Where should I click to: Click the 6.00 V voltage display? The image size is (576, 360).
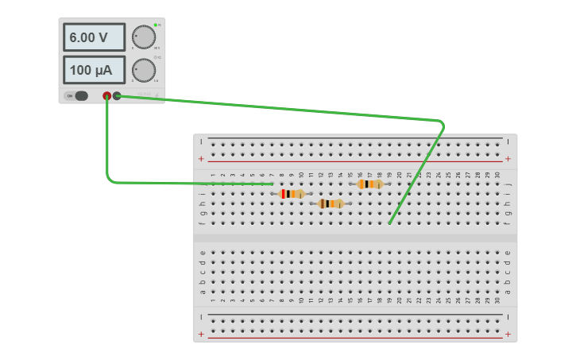tap(94, 37)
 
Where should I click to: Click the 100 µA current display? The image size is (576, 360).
tap(94, 70)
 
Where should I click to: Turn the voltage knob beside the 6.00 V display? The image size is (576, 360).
tap(143, 37)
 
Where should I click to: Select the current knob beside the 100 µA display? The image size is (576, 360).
tap(143, 70)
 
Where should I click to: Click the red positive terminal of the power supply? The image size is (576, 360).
tap(107, 96)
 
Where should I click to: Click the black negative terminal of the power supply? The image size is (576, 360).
tap(118, 96)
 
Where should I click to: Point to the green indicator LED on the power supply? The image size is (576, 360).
tap(156, 25)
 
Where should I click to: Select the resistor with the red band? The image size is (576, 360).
tap(292, 194)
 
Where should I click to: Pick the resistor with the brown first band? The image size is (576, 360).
tap(331, 203)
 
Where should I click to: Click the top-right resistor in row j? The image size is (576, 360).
tap(370, 184)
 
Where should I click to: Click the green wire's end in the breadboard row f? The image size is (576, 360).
tap(390, 223)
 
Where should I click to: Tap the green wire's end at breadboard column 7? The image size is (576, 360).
tap(273, 184)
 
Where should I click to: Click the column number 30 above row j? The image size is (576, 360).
tap(497, 175)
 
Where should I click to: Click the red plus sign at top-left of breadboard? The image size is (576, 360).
tap(201, 158)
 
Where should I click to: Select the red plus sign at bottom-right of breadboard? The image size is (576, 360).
tap(508, 335)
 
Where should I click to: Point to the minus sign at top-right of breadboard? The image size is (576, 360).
tap(508, 141)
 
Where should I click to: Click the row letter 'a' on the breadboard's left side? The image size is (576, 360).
tap(203, 292)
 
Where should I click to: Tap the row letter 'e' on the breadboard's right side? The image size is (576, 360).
tap(508, 253)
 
